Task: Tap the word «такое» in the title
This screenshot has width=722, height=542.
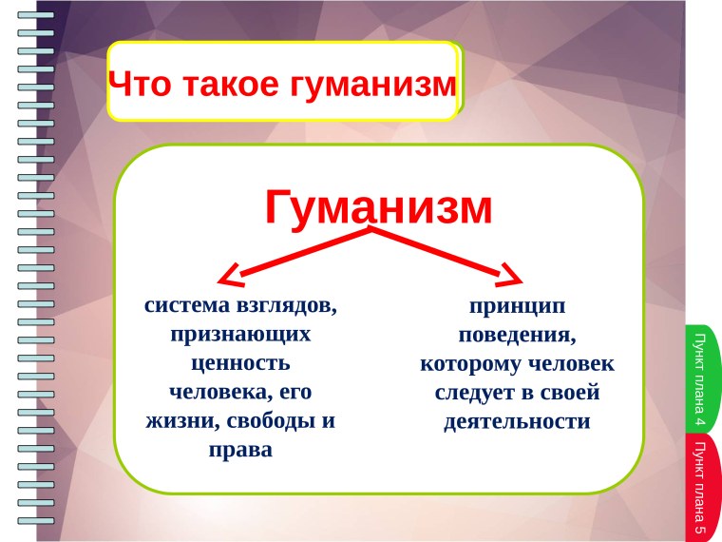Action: (225, 84)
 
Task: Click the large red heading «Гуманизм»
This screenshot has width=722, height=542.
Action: (378, 206)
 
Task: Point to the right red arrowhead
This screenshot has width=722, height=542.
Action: (511, 277)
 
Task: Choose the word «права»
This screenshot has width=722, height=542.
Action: (240, 449)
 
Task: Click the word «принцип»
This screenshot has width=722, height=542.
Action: (517, 306)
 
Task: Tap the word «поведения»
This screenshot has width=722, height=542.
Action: (517, 335)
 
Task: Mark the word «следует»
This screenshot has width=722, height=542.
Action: (475, 392)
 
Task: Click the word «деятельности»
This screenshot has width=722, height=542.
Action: (517, 421)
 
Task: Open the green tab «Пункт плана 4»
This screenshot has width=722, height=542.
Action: (702, 378)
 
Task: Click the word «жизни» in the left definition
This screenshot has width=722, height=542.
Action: (179, 419)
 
